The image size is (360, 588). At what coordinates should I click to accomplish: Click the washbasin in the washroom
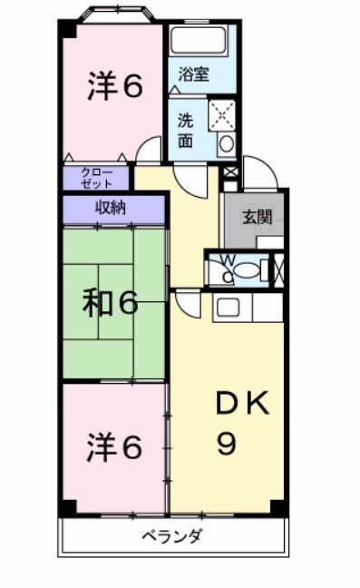(226, 142)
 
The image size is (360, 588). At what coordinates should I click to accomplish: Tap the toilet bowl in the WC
(251, 269)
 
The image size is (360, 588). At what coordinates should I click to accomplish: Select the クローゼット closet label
(97, 177)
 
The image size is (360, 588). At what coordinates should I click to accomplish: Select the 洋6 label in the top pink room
(114, 86)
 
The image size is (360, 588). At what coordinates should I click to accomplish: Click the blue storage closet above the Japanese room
(113, 208)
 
